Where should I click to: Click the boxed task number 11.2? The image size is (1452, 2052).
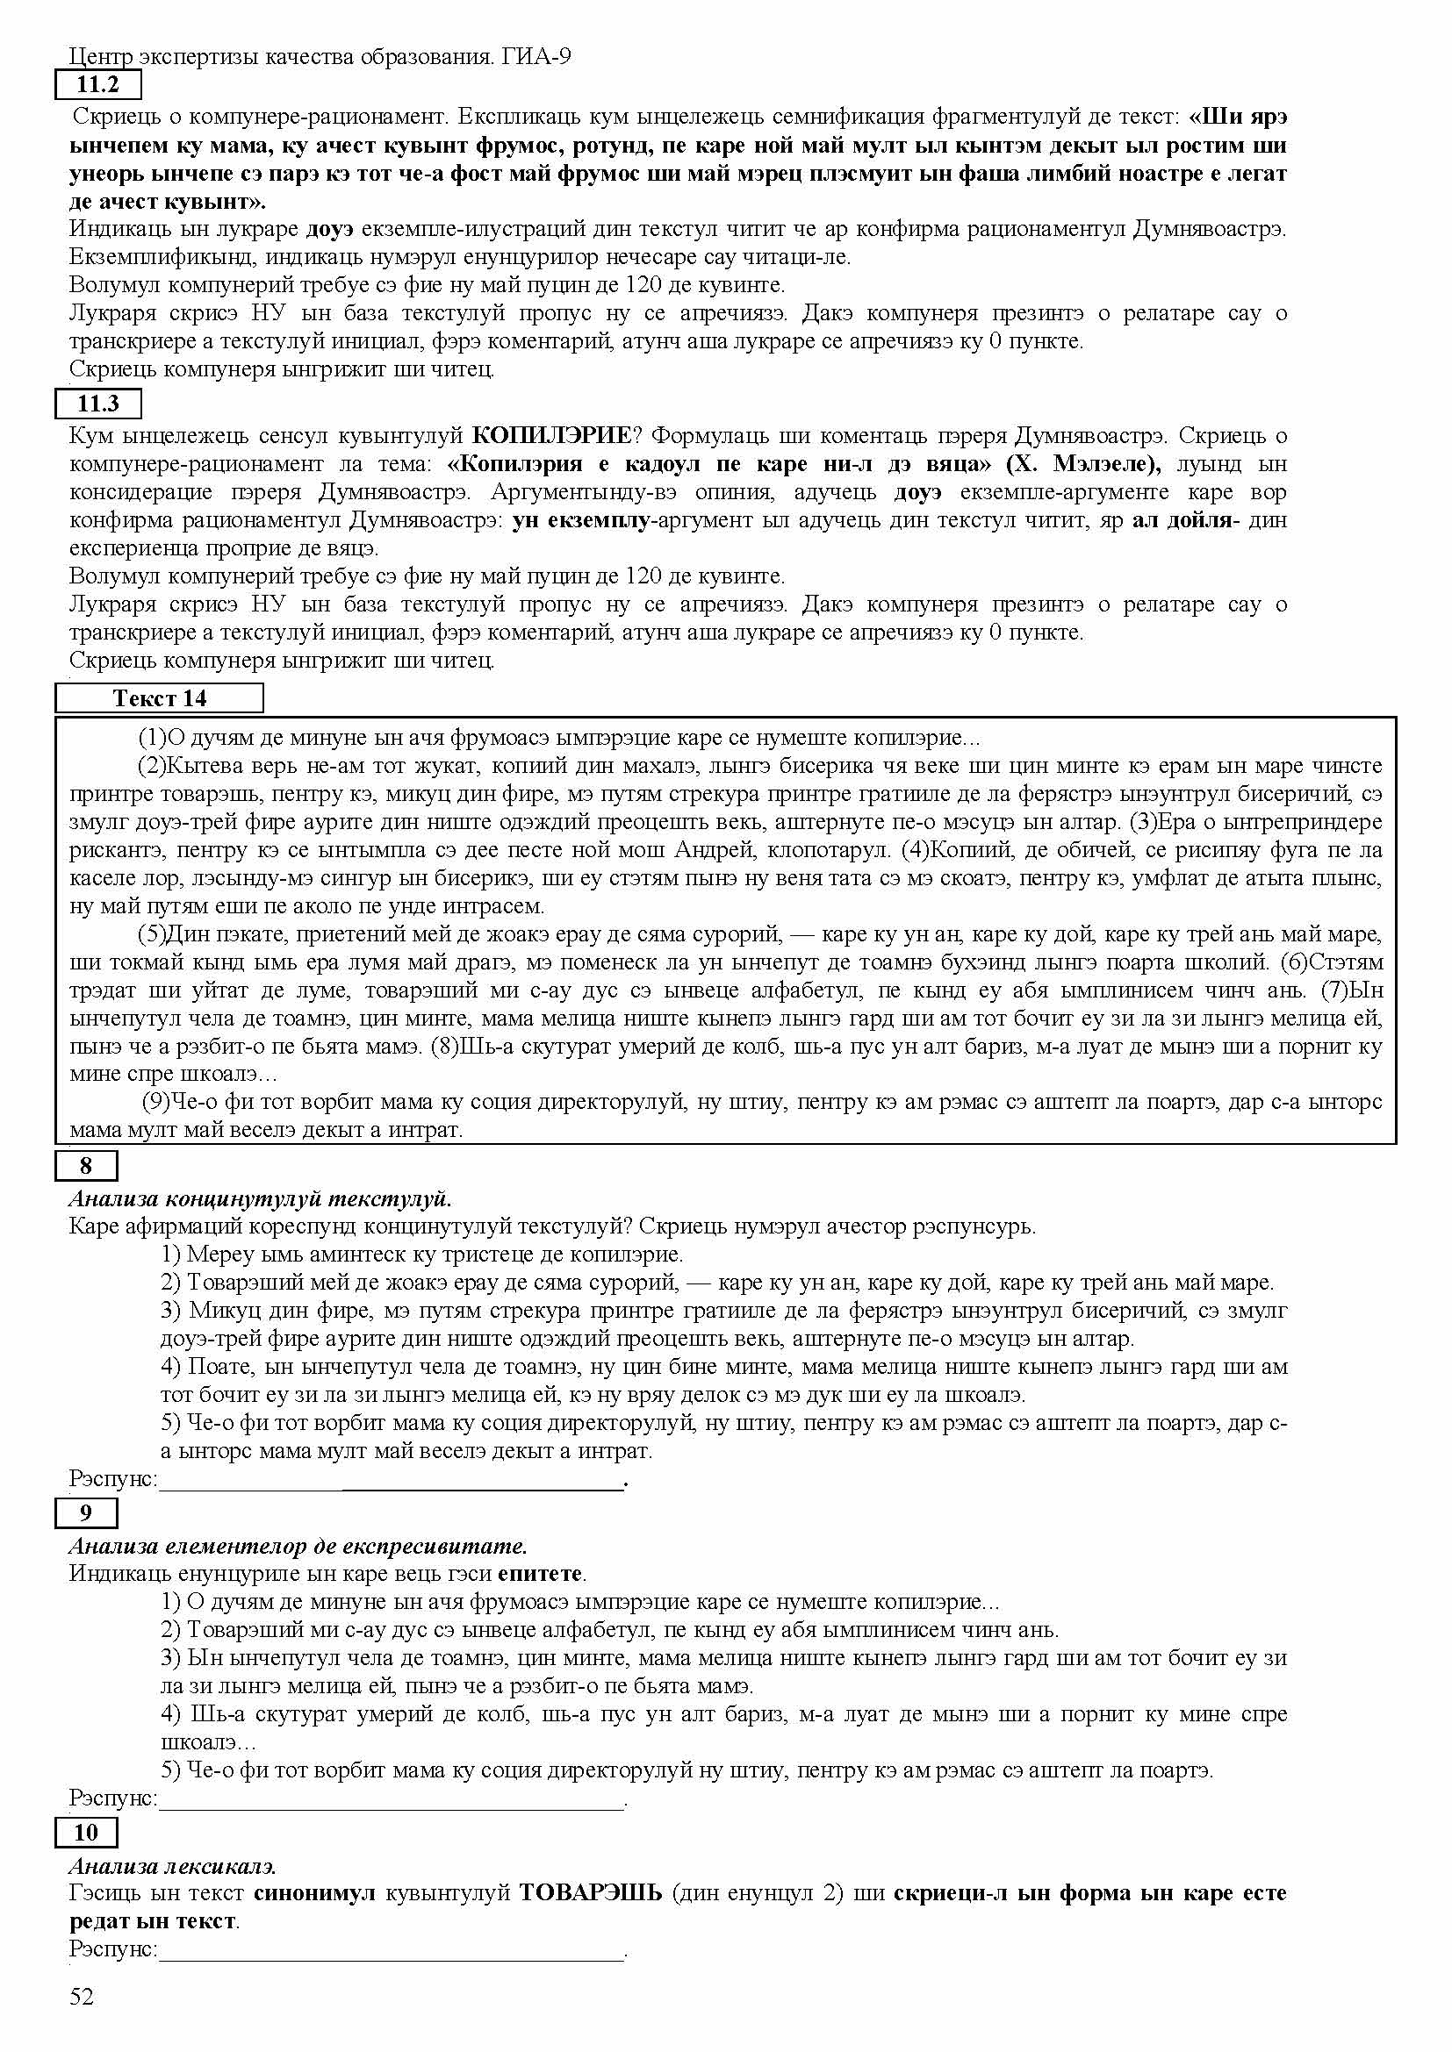click(x=98, y=86)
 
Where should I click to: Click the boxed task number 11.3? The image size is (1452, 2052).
click(x=98, y=404)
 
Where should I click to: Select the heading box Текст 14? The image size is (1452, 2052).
click(x=159, y=698)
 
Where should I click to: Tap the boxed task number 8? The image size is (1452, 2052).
click(x=86, y=1165)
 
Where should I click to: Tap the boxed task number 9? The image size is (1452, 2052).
click(x=86, y=1513)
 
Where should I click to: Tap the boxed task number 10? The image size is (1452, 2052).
click(x=86, y=1833)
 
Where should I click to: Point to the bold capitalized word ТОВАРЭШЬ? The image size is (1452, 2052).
click(x=590, y=1893)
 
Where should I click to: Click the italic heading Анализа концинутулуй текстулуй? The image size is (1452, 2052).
click(x=259, y=1198)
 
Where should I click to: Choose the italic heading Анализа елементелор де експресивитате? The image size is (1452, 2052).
click(x=298, y=1546)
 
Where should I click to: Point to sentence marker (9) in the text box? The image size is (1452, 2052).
click(x=156, y=1102)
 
